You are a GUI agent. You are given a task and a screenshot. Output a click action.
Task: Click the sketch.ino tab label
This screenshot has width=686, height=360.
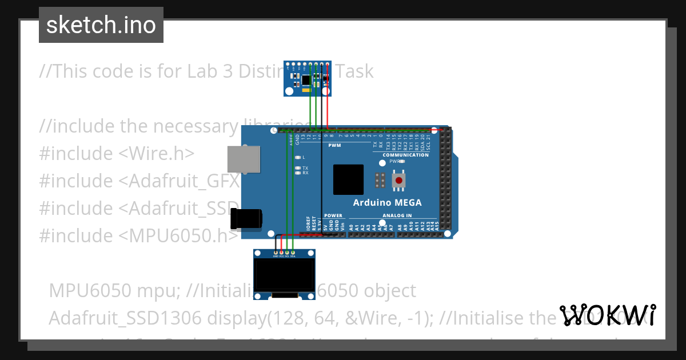101,25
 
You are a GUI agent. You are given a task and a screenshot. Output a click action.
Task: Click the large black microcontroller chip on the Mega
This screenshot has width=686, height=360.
348,179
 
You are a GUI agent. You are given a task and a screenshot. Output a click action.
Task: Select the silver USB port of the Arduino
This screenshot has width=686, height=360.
244,158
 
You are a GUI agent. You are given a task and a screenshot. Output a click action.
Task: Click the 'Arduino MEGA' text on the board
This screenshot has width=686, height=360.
387,202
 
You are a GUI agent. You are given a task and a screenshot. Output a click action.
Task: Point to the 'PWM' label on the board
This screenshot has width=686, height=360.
334,146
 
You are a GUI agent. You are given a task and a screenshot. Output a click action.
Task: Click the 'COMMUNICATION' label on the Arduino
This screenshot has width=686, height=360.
405,155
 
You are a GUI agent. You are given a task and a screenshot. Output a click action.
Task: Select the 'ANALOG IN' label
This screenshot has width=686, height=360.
397,216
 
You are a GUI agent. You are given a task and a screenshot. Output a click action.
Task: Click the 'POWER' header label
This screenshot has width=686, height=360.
333,216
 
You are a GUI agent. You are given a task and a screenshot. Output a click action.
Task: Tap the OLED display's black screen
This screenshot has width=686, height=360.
284,277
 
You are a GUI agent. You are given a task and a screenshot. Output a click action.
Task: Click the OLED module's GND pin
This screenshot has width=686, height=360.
276,252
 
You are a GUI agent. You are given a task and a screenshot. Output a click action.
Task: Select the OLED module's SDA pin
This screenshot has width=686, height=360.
293,252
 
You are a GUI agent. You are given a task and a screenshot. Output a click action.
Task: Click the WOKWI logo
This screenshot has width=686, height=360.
608,315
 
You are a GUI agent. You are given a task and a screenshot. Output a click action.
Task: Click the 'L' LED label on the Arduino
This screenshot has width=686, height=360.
304,157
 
